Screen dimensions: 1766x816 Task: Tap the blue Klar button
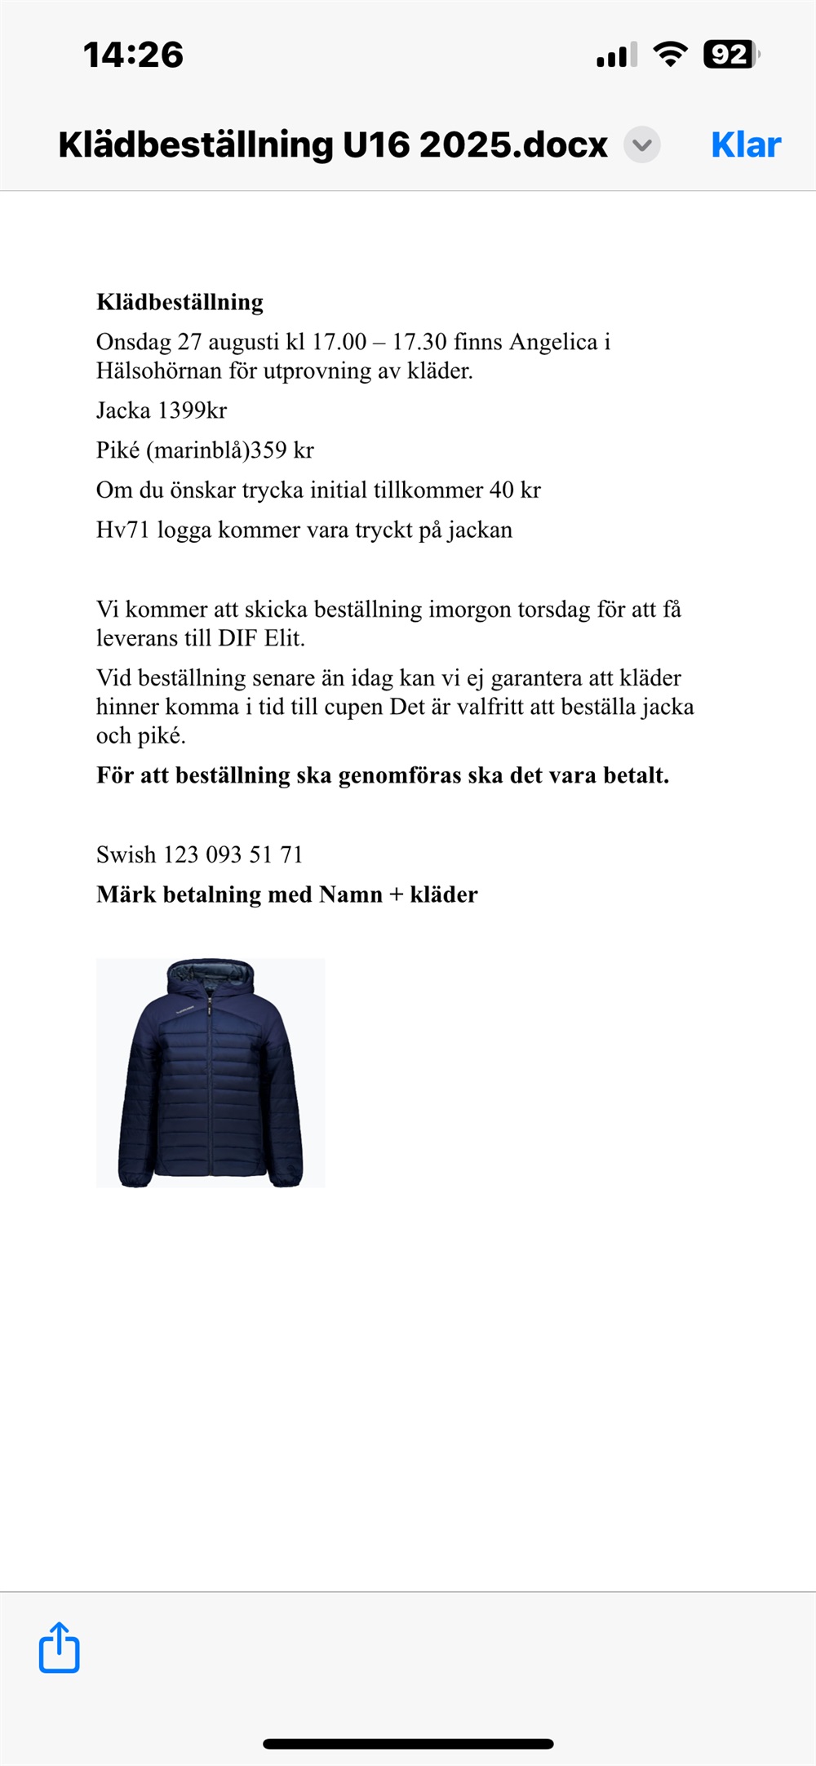coord(746,145)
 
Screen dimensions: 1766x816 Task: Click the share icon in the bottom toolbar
coord(60,1648)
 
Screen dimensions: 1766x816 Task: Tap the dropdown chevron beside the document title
coord(642,145)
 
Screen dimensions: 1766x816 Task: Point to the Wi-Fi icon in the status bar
coord(670,55)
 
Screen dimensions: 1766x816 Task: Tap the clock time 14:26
coord(133,55)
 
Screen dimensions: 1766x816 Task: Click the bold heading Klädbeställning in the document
coord(180,302)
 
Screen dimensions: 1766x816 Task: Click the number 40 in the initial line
coord(501,490)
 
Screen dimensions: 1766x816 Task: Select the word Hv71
coord(122,530)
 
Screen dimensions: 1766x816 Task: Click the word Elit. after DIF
coord(285,638)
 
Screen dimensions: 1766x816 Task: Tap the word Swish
coord(126,854)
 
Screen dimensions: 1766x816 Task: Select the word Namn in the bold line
coord(350,894)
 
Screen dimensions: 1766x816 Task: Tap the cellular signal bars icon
coord(616,55)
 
